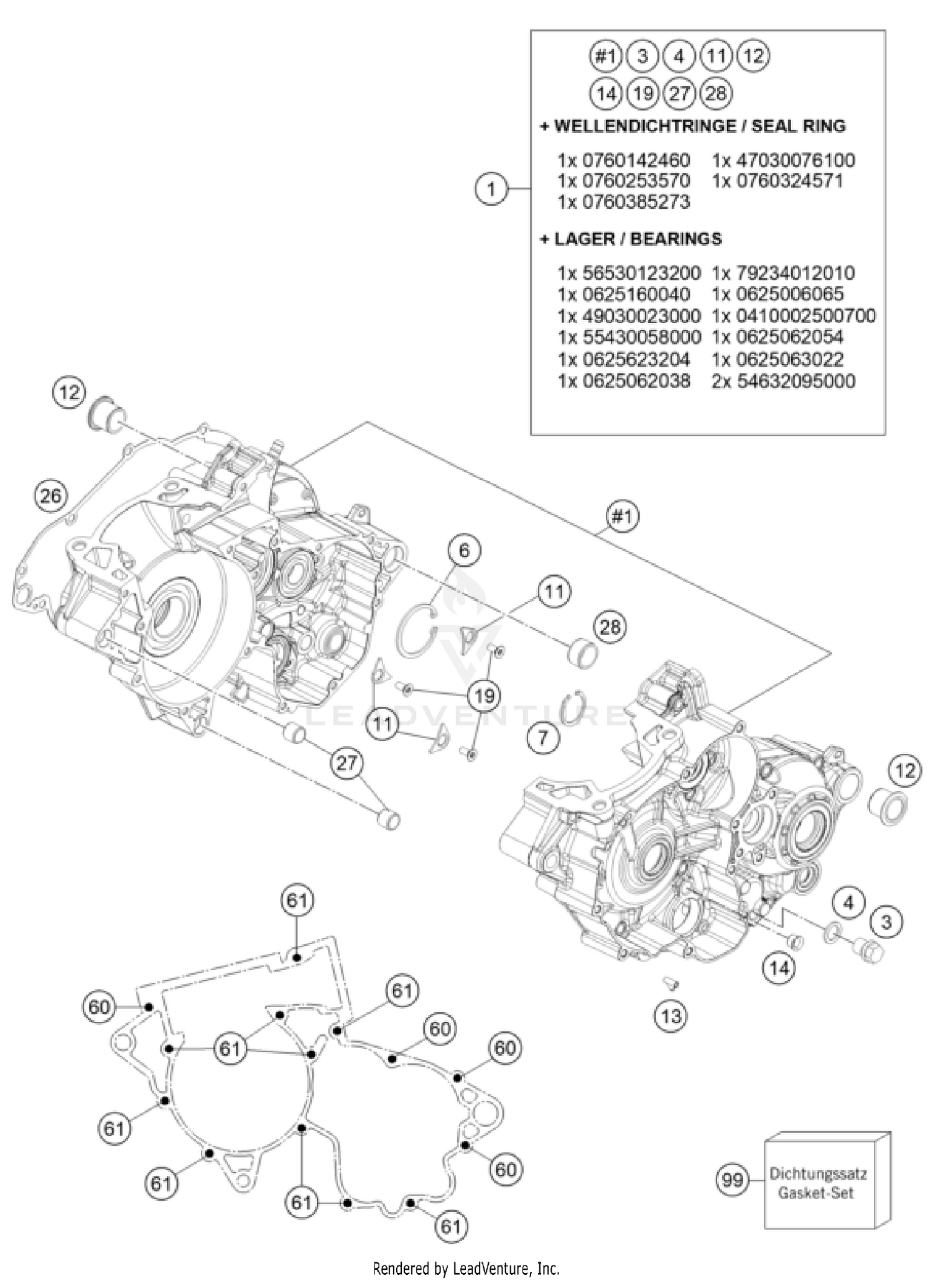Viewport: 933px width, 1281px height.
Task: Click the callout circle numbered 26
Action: point(51,495)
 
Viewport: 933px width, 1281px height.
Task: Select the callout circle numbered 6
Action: point(465,550)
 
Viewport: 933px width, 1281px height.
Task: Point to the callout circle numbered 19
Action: point(484,696)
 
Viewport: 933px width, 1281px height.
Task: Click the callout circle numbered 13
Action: point(671,1016)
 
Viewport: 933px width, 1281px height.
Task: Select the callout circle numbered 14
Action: point(779,967)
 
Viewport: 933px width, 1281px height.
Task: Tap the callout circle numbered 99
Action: point(733,1179)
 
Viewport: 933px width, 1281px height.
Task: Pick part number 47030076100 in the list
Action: point(784,160)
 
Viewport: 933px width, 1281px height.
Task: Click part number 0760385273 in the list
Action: point(624,202)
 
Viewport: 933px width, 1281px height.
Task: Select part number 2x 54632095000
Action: point(784,381)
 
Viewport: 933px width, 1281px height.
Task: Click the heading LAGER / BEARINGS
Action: point(631,239)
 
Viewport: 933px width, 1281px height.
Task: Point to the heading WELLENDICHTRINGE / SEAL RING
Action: point(694,126)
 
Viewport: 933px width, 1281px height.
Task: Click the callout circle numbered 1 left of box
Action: point(491,188)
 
